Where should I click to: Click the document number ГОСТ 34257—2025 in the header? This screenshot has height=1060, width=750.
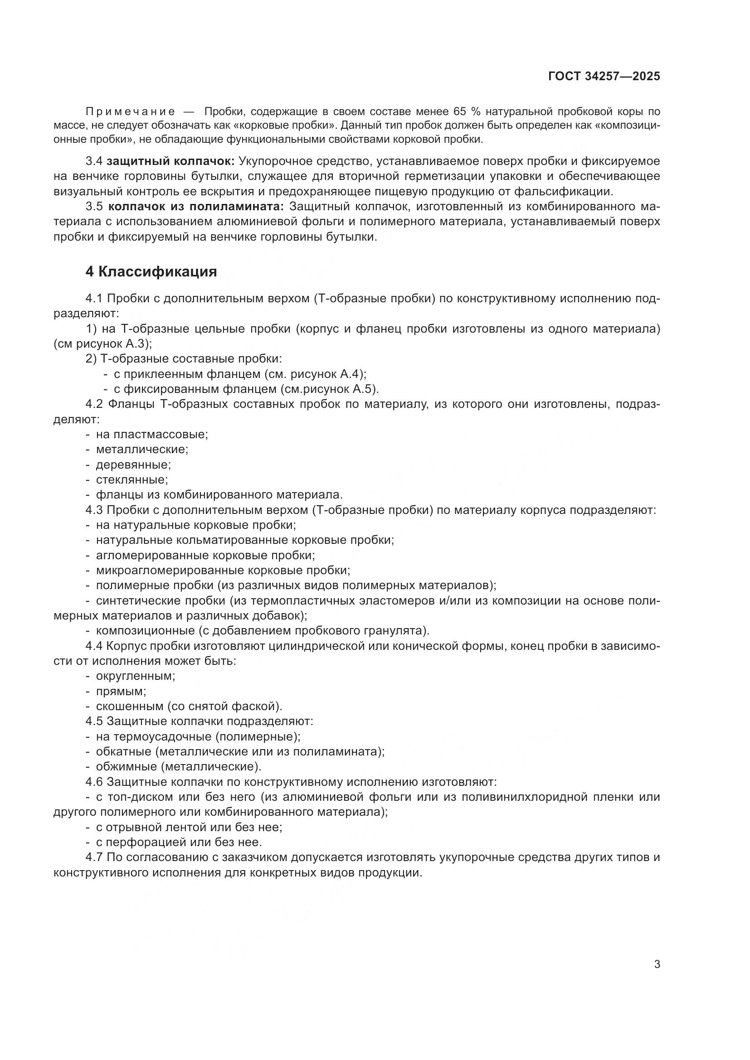pyautogui.click(x=604, y=76)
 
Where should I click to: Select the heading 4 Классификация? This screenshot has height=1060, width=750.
pyautogui.click(x=151, y=272)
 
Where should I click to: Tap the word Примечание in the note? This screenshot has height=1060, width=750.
pyautogui.click(x=130, y=112)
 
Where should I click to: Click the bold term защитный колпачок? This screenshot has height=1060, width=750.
pyautogui.click(x=170, y=161)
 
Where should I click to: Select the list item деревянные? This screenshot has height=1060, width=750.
pyautogui.click(x=133, y=465)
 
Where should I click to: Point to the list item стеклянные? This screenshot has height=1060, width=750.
pyautogui.click(x=131, y=479)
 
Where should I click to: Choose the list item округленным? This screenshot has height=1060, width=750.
pyautogui.click(x=135, y=676)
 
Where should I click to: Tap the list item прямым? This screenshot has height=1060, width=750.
pyautogui.click(x=121, y=692)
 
